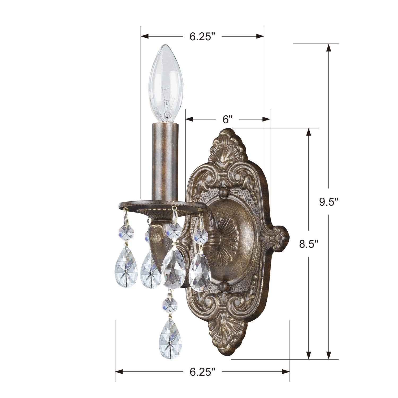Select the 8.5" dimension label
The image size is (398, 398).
click(x=309, y=244)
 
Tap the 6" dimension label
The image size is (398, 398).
click(x=227, y=119)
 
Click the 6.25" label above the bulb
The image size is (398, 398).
click(x=202, y=37)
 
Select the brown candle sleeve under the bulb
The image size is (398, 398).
click(x=165, y=162)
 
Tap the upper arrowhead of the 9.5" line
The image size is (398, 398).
click(x=329, y=48)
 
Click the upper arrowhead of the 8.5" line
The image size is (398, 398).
click(x=309, y=132)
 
